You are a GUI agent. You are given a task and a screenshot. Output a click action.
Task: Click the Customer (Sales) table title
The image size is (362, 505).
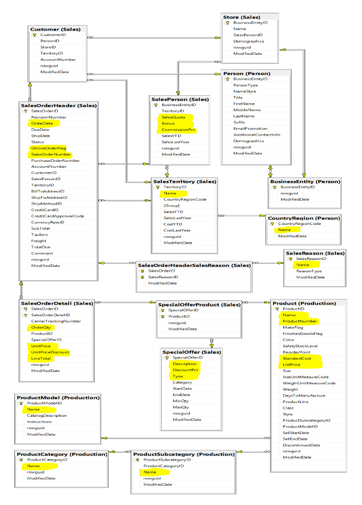tap(55, 30)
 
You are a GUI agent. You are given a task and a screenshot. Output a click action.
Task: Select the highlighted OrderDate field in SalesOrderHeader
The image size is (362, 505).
tap(42, 123)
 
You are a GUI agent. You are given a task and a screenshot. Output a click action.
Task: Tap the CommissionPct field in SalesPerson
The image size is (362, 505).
tap(178, 130)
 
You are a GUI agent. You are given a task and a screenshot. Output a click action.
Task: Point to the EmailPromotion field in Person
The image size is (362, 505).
tap(250, 128)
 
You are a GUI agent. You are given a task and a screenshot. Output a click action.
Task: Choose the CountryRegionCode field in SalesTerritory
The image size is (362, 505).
tap(185, 199)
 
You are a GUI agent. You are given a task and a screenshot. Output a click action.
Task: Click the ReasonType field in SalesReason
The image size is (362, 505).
tap(309, 271)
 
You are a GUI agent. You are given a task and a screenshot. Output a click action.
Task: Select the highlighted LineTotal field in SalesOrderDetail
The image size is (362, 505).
tap(41, 359)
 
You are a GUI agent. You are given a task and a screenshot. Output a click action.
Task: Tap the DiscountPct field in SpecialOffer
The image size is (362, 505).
tap(185, 370)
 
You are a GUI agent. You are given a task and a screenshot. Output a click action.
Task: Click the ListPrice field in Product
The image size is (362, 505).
tap(291, 364)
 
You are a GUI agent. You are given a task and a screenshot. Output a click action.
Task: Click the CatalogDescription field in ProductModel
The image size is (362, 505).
tap(47, 415)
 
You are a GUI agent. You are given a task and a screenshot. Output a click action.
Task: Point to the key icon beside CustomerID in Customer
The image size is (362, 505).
tap(35, 35)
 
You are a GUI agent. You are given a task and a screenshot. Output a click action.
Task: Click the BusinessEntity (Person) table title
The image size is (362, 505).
tap(305, 181)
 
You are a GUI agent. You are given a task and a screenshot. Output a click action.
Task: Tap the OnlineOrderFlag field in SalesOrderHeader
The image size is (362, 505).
tap(48, 148)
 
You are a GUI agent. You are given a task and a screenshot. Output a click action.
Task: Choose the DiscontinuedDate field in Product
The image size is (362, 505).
tap(301, 445)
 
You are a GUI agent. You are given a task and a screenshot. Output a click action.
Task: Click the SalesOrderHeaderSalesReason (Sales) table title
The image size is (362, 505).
tap(194, 265)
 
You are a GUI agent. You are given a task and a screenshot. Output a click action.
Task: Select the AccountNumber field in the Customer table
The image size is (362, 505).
tap(58, 60)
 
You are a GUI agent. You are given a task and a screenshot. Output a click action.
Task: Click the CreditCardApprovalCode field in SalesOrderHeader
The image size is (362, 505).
tap(57, 216)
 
